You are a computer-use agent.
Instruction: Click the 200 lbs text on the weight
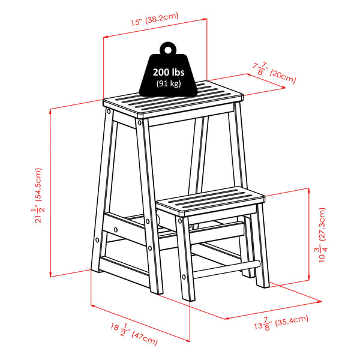click(x=168, y=73)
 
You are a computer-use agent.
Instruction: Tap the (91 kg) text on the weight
click(x=168, y=83)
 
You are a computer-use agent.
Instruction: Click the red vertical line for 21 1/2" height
click(x=51, y=192)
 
